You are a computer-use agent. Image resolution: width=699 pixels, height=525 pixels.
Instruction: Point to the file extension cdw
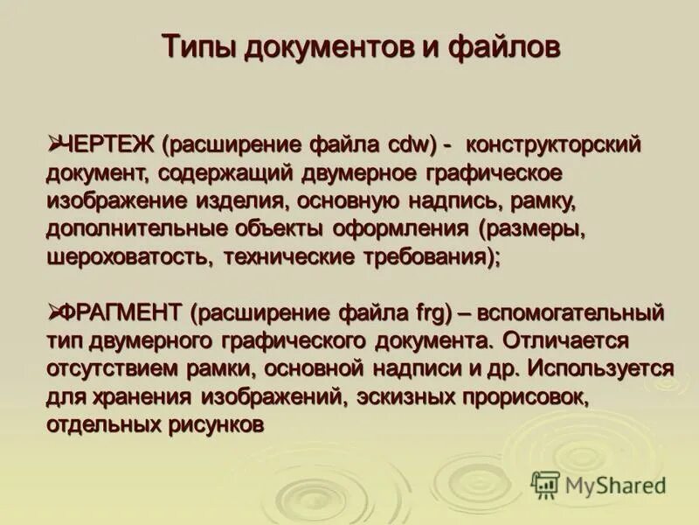coord(414,143)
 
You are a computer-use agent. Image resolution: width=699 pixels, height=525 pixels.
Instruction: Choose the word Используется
coord(607,368)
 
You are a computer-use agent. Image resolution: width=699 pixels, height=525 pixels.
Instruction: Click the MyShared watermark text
coord(616,484)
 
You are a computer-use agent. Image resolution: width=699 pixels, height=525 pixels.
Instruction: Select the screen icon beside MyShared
coord(545,484)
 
